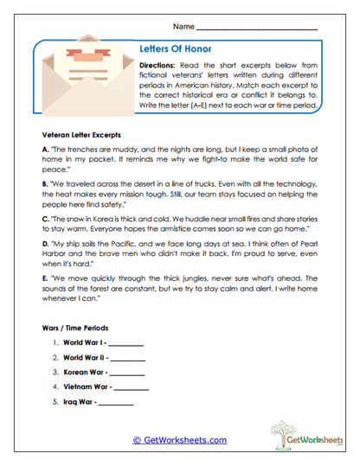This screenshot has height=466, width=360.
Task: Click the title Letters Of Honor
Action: click(x=176, y=49)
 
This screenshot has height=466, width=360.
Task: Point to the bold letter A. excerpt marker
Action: click(x=45, y=150)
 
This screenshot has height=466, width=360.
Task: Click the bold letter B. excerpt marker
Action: click(x=45, y=184)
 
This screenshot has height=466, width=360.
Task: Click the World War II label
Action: click(x=85, y=359)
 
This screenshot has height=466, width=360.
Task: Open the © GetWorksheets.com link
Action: click(x=179, y=439)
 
